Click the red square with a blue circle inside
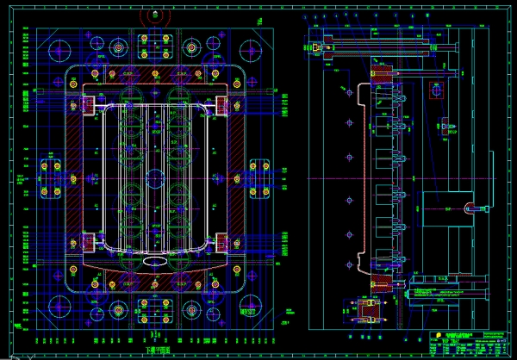[439, 90]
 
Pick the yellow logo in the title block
[436, 335]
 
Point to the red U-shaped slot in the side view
[475, 208]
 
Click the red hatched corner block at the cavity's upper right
[222, 105]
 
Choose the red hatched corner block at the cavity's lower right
[222, 243]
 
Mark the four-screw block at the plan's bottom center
[155, 308]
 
